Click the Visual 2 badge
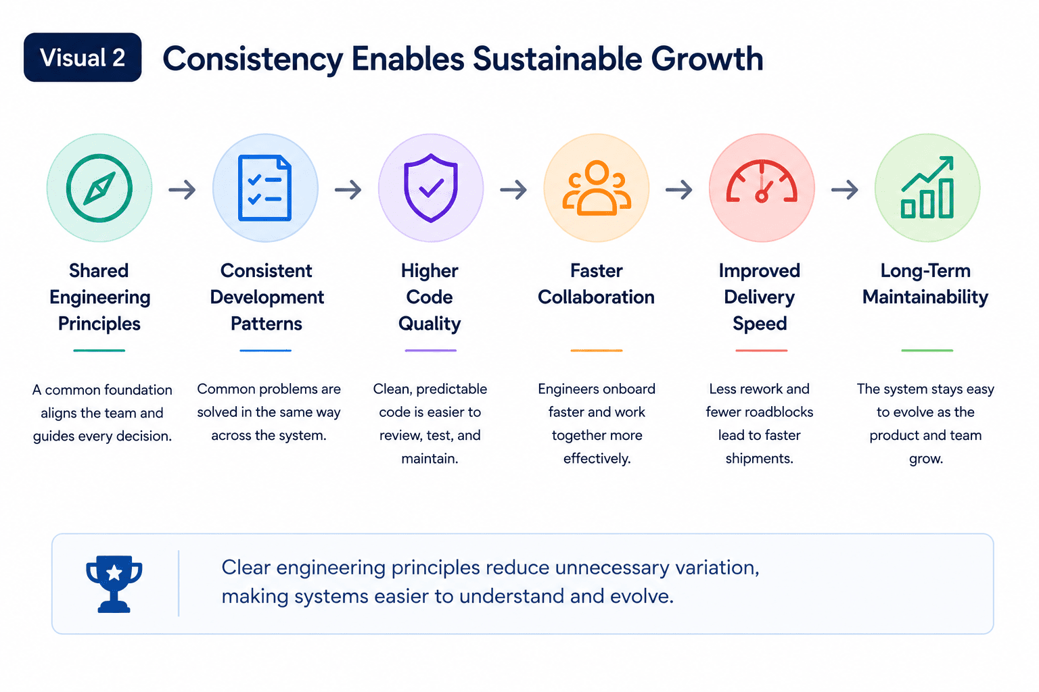pos(83,57)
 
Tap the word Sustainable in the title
pos(557,59)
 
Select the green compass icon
pos(99,188)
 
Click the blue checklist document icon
pos(265,188)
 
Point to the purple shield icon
pos(431,188)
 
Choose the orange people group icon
pos(597,188)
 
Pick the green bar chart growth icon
pos(927,187)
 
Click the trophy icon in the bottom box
pos(114,584)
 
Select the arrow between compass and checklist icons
pos(182,190)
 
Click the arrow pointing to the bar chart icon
pos(845,190)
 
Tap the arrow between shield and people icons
pos(513,190)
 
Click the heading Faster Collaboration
pos(597,284)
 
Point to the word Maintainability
pos(925,297)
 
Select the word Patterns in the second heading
pos(267,324)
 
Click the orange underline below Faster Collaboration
pos(597,351)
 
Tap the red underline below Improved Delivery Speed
pos(762,351)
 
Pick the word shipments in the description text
pos(760,459)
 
